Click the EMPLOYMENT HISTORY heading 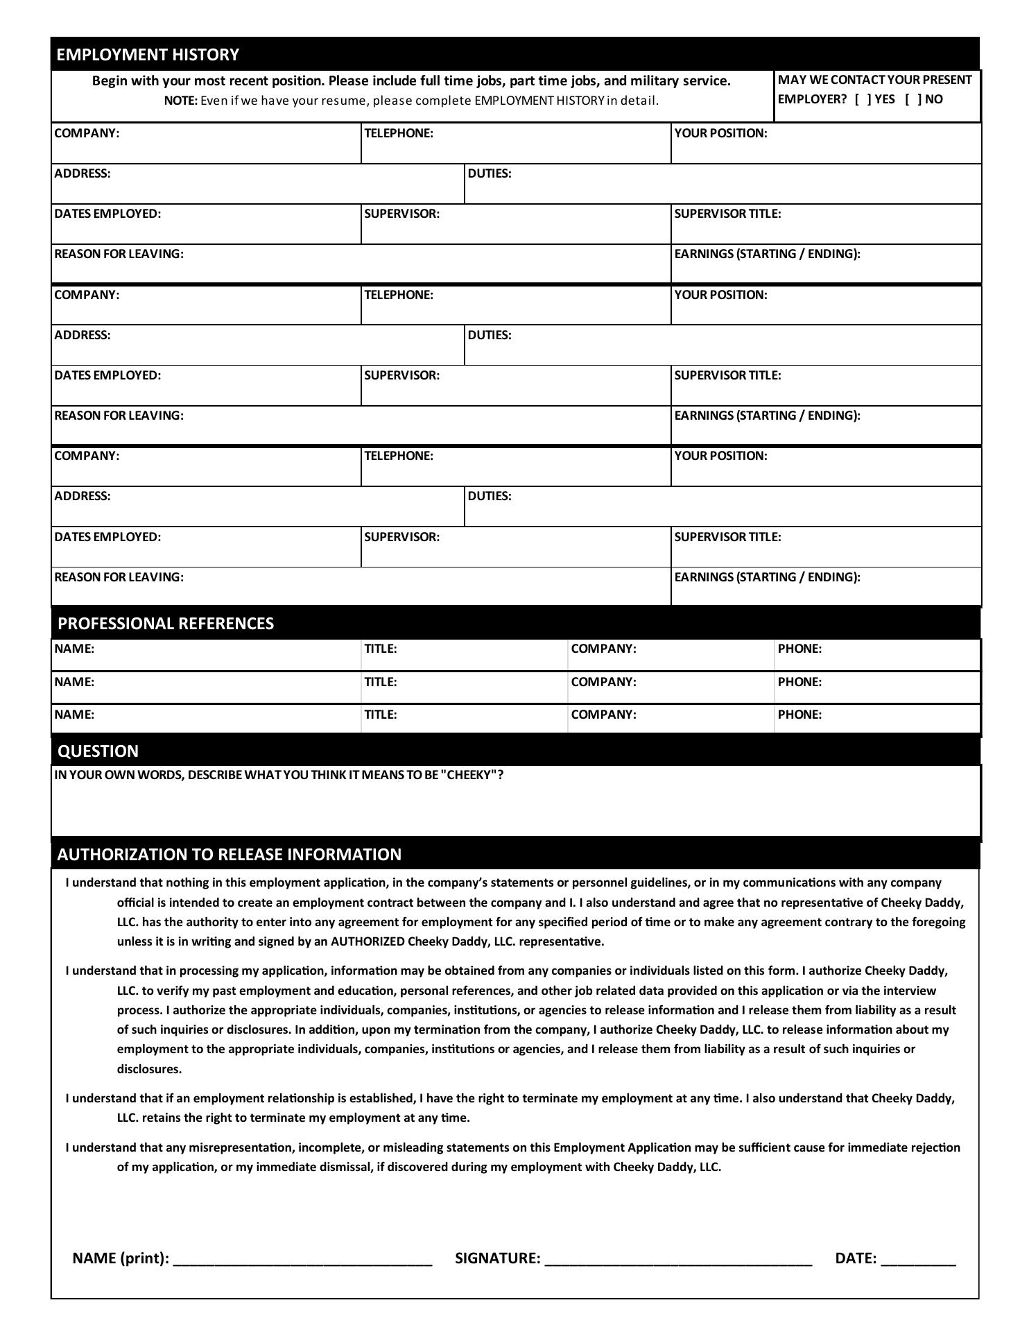click(x=148, y=55)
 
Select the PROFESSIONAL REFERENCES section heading click(x=166, y=623)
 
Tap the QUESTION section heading click(x=98, y=751)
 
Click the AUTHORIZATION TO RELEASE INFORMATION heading click(x=229, y=854)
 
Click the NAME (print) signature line click(x=302, y=1258)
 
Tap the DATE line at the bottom click(x=918, y=1258)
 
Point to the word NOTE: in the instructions click(x=180, y=101)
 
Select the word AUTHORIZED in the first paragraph click(x=367, y=941)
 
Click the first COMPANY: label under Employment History click(x=87, y=133)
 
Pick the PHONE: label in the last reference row click(x=799, y=715)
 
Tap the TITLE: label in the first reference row click(x=381, y=649)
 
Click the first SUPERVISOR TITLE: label click(x=727, y=214)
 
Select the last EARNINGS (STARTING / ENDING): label click(x=767, y=577)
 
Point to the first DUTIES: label click(x=490, y=173)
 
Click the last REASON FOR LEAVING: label click(x=119, y=577)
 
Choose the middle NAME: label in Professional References click(x=74, y=682)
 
